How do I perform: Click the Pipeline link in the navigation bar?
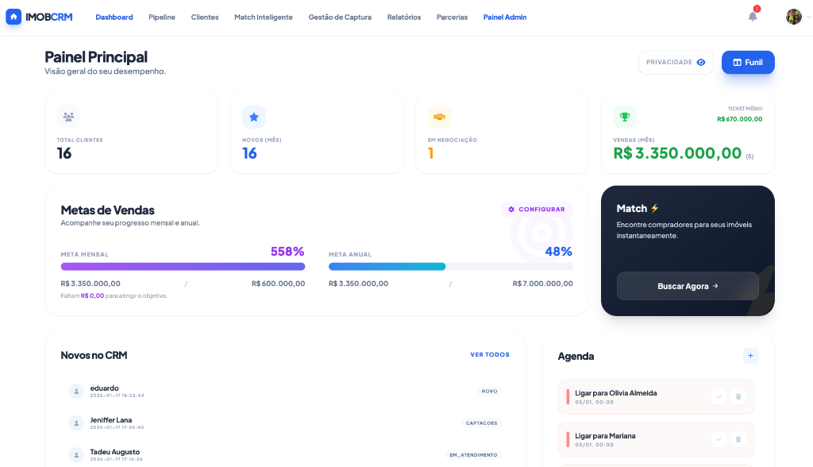(162, 17)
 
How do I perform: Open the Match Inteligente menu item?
(263, 17)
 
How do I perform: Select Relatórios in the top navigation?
(404, 17)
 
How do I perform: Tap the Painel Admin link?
(505, 17)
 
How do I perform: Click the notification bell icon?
(753, 17)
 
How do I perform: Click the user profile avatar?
(793, 17)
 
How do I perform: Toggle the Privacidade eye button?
(676, 62)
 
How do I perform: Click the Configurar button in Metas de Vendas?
(537, 210)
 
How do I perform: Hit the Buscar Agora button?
(688, 286)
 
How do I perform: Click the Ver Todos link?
(490, 355)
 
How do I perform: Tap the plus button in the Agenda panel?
(750, 356)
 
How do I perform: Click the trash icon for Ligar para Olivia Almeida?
(738, 396)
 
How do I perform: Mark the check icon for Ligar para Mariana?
(719, 439)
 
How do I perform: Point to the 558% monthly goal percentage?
(287, 252)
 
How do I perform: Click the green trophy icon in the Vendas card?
(625, 117)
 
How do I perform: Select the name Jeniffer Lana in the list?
(111, 420)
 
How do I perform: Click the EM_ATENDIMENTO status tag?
(473, 455)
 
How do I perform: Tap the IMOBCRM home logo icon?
(13, 17)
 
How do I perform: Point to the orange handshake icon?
(439, 117)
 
